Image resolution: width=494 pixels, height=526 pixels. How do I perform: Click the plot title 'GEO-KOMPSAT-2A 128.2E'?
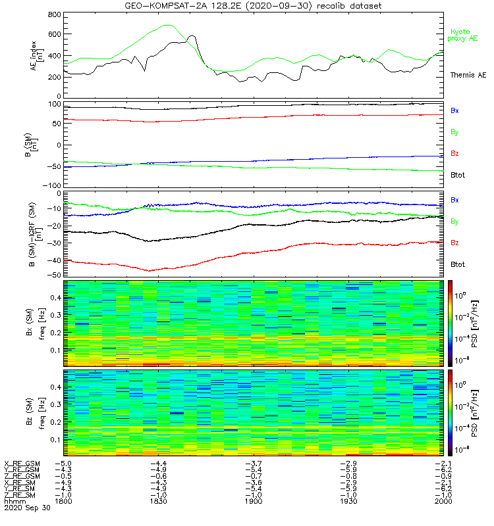click(x=183, y=6)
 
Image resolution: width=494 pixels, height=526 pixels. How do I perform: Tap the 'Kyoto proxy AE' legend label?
click(x=462, y=36)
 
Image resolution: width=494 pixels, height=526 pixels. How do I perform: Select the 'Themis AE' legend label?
click(x=468, y=75)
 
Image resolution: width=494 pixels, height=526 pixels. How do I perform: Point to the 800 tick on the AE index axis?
click(x=55, y=14)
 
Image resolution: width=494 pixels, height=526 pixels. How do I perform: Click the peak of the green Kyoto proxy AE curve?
click(x=167, y=25)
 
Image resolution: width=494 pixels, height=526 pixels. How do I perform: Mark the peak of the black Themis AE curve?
click(x=192, y=35)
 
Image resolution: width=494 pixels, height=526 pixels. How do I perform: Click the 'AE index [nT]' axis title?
click(x=37, y=56)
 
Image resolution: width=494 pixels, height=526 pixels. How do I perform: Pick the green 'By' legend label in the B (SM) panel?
click(x=454, y=132)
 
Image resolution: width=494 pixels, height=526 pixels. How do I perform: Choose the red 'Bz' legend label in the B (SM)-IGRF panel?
click(x=454, y=243)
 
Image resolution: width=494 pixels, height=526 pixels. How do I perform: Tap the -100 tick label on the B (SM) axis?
click(x=52, y=185)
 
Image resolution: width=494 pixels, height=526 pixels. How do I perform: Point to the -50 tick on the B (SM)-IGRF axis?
click(x=54, y=275)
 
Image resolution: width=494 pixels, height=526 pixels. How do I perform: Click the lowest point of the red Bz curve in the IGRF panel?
click(x=150, y=270)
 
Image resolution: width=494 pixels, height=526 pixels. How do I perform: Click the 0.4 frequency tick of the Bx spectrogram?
click(x=55, y=298)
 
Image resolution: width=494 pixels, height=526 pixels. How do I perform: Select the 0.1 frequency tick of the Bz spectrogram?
click(x=55, y=439)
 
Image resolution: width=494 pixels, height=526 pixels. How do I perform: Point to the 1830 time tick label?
click(x=158, y=501)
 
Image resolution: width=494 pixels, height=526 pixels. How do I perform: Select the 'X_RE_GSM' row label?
click(x=22, y=464)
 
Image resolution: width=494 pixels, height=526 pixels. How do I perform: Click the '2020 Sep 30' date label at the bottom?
click(x=27, y=508)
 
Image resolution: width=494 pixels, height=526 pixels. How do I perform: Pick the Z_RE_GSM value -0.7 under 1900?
click(x=254, y=476)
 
